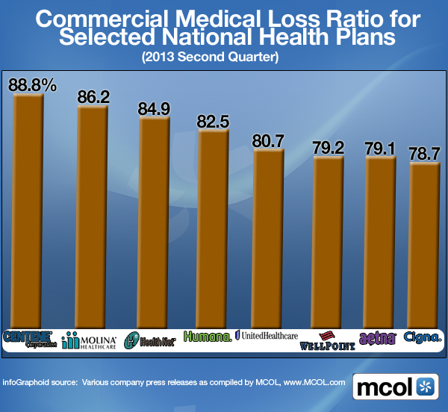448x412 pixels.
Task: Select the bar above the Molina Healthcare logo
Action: click(x=93, y=216)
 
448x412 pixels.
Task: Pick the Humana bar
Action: click(x=213, y=228)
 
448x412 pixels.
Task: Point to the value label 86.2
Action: click(x=93, y=96)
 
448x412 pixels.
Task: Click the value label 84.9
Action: click(x=154, y=109)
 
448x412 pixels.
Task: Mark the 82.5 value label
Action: click(x=213, y=121)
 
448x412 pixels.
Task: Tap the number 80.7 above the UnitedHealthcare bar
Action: click(x=270, y=140)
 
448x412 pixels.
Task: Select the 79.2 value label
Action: click(x=329, y=148)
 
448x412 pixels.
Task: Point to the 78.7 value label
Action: click(x=425, y=154)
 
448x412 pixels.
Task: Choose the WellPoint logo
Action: click(x=327, y=341)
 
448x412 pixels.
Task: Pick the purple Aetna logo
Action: click(x=376, y=338)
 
